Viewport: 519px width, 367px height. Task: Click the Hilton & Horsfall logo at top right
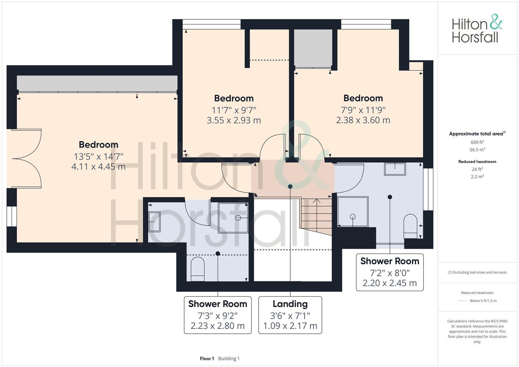[477, 29]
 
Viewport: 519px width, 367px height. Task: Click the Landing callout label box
[290, 315]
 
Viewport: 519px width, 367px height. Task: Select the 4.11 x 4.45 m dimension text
[98, 167]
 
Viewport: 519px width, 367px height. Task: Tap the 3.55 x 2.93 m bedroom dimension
[233, 120]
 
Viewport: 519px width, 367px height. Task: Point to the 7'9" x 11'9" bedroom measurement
[363, 110]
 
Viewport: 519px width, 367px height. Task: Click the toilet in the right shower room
[410, 226]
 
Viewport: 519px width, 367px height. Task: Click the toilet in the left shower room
[197, 269]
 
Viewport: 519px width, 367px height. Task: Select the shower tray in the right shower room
[353, 211]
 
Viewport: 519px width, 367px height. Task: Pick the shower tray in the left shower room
[233, 217]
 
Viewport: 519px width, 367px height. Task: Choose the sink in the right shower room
[395, 169]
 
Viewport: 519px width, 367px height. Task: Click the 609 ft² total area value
[477, 142]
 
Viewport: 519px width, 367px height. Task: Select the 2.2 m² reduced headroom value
[477, 176]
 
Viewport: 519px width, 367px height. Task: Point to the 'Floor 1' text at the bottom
[207, 359]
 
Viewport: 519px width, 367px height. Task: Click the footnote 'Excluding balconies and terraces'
[477, 272]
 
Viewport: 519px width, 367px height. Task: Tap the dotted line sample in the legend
[463, 301]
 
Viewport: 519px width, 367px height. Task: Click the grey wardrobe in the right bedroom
[313, 48]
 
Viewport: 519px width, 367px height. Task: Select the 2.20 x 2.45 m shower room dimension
[390, 283]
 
